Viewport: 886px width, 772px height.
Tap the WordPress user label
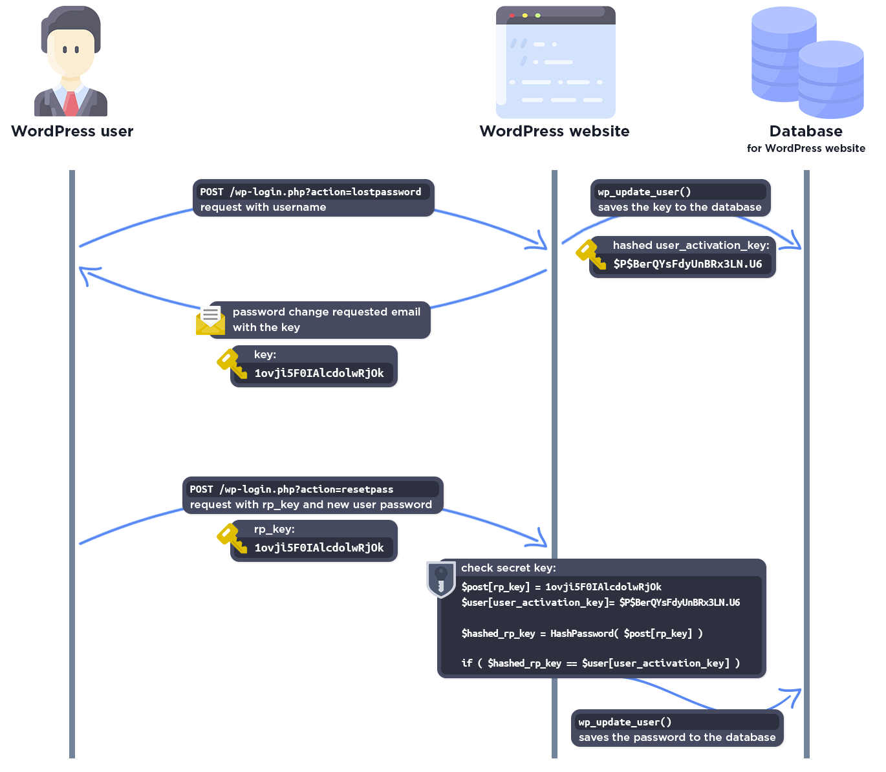72,131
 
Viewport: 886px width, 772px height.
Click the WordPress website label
554,131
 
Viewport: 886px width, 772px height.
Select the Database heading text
806,131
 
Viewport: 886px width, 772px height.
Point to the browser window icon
556,62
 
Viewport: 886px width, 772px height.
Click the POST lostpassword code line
310,192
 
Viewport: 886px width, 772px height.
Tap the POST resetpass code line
292,489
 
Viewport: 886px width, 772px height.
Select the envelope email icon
210,321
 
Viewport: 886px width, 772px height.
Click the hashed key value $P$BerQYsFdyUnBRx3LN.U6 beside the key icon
687,264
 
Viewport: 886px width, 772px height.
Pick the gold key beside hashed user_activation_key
590,254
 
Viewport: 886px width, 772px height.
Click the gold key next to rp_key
232,539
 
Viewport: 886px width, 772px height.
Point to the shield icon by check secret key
441,578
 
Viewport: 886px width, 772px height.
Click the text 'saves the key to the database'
680,208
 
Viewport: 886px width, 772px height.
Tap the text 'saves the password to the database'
677,738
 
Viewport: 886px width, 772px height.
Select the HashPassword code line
582,634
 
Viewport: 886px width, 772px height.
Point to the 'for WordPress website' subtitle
806,149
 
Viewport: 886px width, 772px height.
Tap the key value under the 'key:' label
319,373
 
